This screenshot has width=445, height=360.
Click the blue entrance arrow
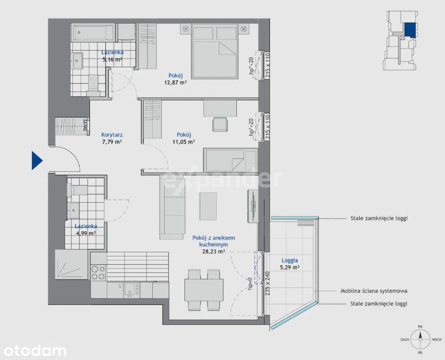(x=37, y=161)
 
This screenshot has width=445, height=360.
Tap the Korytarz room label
(x=112, y=135)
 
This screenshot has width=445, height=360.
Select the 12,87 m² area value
(x=175, y=83)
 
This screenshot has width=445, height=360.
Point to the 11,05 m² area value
(x=184, y=142)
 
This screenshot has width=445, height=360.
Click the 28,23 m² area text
(x=214, y=251)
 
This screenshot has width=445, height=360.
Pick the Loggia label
(x=290, y=260)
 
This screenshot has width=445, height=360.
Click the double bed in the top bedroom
(x=214, y=51)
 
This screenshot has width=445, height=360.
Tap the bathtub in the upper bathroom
(x=93, y=32)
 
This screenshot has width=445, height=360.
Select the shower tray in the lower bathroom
(x=71, y=264)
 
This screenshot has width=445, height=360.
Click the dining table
(x=204, y=290)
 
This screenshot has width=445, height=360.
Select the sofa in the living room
(x=172, y=207)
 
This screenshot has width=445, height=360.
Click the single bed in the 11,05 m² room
(x=230, y=160)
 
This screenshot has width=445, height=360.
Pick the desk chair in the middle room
(x=220, y=124)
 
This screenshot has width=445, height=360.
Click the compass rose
(x=420, y=339)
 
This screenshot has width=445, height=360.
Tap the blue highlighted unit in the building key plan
(x=410, y=30)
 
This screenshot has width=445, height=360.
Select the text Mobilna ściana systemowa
(x=374, y=291)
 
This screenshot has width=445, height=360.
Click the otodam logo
(x=35, y=350)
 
